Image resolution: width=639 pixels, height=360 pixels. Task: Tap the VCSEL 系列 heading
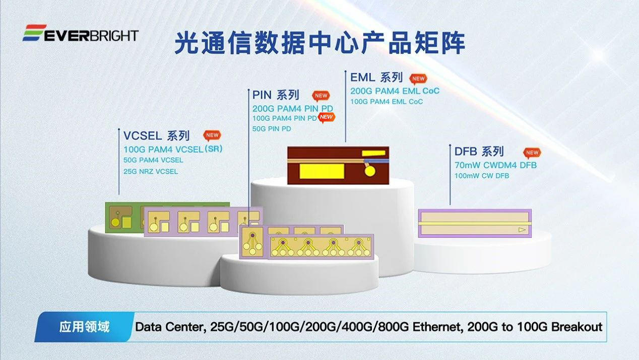click(x=157, y=135)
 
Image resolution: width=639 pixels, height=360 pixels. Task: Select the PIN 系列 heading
click(x=276, y=95)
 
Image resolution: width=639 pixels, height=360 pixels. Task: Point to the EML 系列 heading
click(x=376, y=77)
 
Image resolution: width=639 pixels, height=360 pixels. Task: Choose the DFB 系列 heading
click(x=479, y=151)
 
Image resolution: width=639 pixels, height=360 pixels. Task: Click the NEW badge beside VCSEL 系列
click(x=212, y=135)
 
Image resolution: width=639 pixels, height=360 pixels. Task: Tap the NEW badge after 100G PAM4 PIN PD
click(x=327, y=117)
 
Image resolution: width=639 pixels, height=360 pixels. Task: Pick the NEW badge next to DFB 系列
click(x=532, y=152)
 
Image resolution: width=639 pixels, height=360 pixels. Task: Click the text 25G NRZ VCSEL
click(x=151, y=171)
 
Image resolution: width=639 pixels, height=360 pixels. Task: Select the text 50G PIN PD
click(x=272, y=129)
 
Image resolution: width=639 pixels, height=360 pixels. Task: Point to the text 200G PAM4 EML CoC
click(x=395, y=91)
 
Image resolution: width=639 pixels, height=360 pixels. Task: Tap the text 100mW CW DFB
click(x=482, y=176)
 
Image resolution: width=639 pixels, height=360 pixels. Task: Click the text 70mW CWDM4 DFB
click(x=495, y=165)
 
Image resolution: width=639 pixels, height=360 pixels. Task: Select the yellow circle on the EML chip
click(x=370, y=171)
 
